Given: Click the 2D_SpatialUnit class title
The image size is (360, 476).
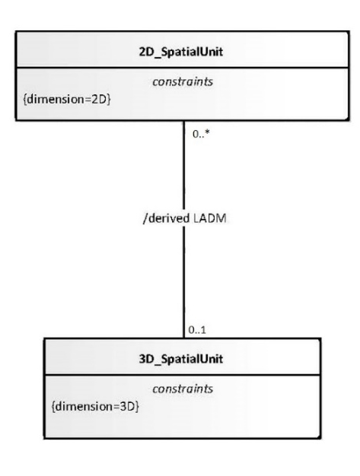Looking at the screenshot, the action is (x=180, y=52).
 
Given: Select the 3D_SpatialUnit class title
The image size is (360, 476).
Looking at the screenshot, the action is (x=180, y=359).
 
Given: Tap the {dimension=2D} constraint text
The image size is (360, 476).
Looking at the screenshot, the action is (x=67, y=100).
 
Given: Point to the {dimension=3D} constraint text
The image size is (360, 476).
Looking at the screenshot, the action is (x=95, y=406).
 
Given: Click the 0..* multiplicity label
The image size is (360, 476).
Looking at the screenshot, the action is (x=201, y=134).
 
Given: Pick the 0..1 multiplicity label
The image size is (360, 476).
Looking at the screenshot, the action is (x=197, y=330).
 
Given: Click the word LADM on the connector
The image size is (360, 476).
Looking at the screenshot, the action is (x=209, y=218).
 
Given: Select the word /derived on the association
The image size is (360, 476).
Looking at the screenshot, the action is (x=166, y=218).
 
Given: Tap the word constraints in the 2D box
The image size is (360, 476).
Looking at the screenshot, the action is (x=183, y=81).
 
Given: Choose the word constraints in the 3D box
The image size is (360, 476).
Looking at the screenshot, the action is (x=183, y=389).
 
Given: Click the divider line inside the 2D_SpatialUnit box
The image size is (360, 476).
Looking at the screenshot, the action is (x=182, y=68).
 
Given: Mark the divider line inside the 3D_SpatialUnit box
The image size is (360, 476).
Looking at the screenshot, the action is (x=182, y=375).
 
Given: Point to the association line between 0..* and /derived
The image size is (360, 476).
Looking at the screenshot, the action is (x=183, y=167).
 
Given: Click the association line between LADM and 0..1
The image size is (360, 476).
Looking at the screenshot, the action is (x=183, y=281).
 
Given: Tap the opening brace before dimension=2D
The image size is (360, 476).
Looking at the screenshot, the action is (x=25, y=100).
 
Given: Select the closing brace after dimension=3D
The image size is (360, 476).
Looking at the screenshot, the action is (x=137, y=406).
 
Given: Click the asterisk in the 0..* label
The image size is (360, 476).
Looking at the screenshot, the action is (x=207, y=132).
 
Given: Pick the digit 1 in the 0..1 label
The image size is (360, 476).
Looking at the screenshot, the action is (x=203, y=330).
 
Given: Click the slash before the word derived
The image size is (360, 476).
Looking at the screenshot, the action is (x=145, y=218).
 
